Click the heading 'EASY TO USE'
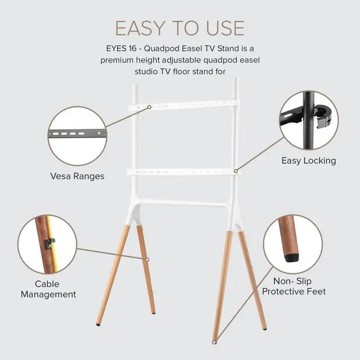click(x=180, y=28)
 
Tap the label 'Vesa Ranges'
click(x=77, y=176)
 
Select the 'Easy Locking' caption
click(x=308, y=160)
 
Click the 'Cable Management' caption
click(x=47, y=289)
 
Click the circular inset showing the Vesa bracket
click(x=77, y=136)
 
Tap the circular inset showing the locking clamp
click(x=309, y=120)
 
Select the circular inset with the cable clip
click(x=47, y=244)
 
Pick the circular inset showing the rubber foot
click(x=292, y=244)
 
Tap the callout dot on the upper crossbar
click(x=149, y=106)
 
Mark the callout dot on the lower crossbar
click(x=236, y=170)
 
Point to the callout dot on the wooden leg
click(x=147, y=259)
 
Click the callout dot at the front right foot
click(x=215, y=341)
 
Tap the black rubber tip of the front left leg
click(x=99, y=324)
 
